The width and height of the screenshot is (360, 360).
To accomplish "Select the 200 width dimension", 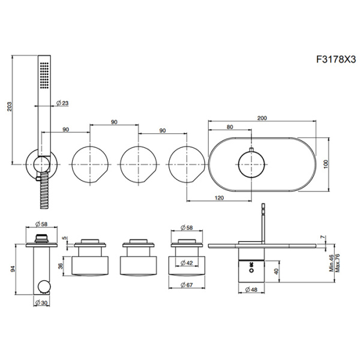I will (x=262, y=118).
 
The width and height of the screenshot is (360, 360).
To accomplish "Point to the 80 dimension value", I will (x=229, y=127).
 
